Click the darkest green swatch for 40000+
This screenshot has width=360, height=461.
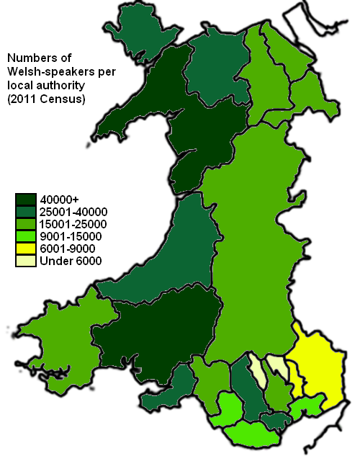[27, 199]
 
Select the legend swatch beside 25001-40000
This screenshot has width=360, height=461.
[27, 211]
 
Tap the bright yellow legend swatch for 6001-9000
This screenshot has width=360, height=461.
[27, 248]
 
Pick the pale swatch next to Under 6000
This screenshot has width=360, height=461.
[27, 260]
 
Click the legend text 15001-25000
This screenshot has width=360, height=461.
[73, 224]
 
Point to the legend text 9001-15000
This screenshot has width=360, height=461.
[71, 236]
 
